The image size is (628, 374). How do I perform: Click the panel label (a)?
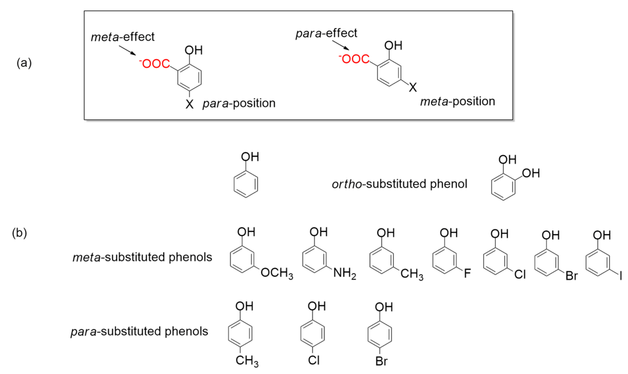[x=24, y=63]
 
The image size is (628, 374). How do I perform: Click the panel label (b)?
[x=19, y=233]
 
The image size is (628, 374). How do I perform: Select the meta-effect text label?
[x=123, y=37]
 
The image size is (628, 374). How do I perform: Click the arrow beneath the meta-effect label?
[x=127, y=50]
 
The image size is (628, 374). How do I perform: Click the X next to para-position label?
[x=189, y=104]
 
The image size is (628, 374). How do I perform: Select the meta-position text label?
[x=457, y=102]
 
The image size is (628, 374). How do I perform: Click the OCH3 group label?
[x=276, y=273]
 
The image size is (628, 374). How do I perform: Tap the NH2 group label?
[x=344, y=273]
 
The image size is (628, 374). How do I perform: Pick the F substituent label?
[x=467, y=273]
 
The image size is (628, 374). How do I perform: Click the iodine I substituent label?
[x=621, y=276]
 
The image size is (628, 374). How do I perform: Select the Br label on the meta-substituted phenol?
[x=572, y=276]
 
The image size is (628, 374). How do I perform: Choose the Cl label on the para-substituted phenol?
[x=314, y=360]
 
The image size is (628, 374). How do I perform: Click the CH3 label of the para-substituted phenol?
[x=247, y=361]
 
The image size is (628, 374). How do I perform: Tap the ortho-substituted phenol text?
[x=399, y=184]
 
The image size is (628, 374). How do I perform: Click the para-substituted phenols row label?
[x=139, y=331]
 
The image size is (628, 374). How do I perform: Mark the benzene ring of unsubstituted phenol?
[x=246, y=184]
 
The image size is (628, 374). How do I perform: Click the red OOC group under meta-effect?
[x=155, y=64]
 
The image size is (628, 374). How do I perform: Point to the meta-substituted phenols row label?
[x=142, y=257]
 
